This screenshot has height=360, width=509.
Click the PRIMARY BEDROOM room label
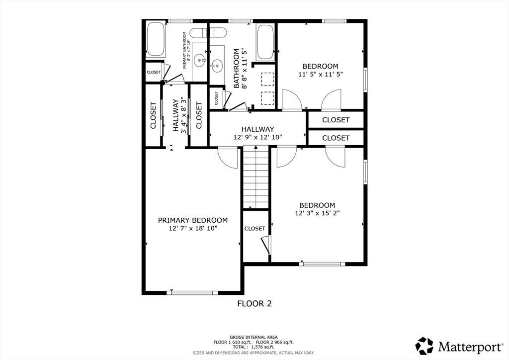tap(193, 220)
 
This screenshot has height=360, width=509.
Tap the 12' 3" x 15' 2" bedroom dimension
tap(317, 213)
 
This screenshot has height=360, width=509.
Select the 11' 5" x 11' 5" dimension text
tap(321, 74)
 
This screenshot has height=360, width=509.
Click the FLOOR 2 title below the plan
tap(254, 304)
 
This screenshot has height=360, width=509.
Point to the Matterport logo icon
tap(424, 346)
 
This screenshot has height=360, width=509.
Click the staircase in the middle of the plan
tap(256, 177)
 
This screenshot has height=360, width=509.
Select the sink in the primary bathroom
tap(199, 60)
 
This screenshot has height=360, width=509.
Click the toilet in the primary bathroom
tap(198, 33)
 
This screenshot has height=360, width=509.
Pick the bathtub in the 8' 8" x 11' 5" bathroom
tap(265, 42)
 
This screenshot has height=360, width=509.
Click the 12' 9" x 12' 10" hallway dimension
tap(258, 137)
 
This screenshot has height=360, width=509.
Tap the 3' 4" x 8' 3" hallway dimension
tap(184, 115)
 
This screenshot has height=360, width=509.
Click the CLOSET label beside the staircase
tap(255, 229)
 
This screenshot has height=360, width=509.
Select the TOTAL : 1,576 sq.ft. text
tap(254, 347)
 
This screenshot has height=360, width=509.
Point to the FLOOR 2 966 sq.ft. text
tap(274, 342)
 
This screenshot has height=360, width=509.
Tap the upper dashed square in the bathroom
tap(267, 79)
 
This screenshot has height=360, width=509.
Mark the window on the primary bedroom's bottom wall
tap(192, 292)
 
